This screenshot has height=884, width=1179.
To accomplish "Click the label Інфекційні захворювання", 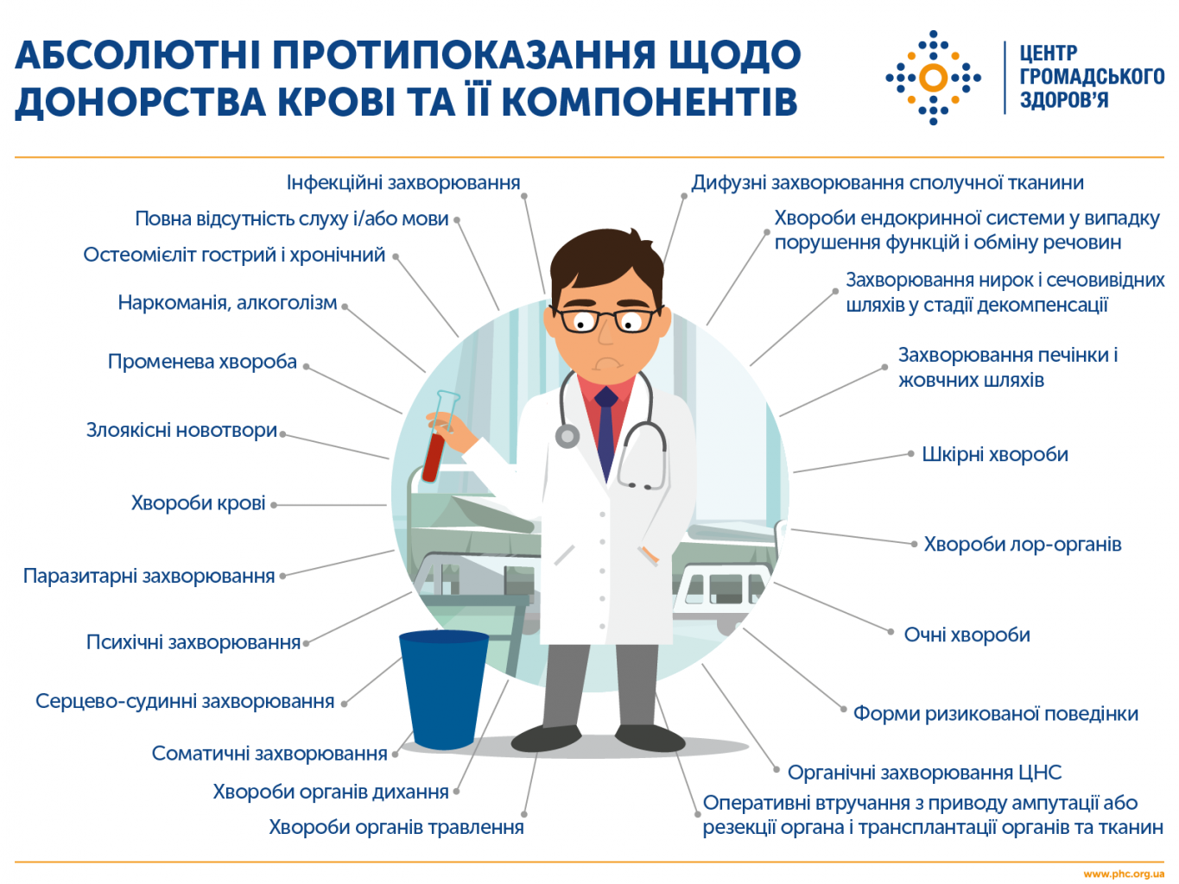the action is coord(403,183).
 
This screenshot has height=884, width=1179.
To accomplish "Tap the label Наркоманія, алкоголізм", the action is coord(227,303).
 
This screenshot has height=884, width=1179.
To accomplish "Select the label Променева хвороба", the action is coord(202,362).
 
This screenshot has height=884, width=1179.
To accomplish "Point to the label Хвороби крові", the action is coord(198,503).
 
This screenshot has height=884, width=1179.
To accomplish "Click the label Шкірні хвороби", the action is coord(995,455).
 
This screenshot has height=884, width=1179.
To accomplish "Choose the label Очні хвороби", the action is coord(967,635).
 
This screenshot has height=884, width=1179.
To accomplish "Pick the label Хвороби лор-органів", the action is coord(1023,544).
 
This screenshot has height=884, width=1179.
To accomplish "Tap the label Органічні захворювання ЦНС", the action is coord(924,773).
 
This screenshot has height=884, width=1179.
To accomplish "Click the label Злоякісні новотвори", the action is coord(181,431).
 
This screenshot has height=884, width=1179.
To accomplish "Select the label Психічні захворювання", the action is coord(193,642).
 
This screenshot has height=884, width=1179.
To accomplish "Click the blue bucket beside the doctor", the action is coord(444,690).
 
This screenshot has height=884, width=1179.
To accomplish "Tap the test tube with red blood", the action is coord(440,436).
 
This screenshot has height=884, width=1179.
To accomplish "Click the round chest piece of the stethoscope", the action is coord(567,436).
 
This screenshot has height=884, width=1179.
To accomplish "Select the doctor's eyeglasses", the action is coord(605,320).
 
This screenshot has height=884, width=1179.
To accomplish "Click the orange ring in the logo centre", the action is coord(934,78).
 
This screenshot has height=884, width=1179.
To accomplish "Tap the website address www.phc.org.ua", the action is coord(1124,875).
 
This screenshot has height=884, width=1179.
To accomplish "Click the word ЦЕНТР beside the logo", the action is coord(1048,54).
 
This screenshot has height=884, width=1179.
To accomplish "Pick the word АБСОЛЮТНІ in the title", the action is coord(138,54).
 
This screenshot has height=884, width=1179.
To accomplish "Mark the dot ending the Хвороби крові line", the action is coord(274,505).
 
